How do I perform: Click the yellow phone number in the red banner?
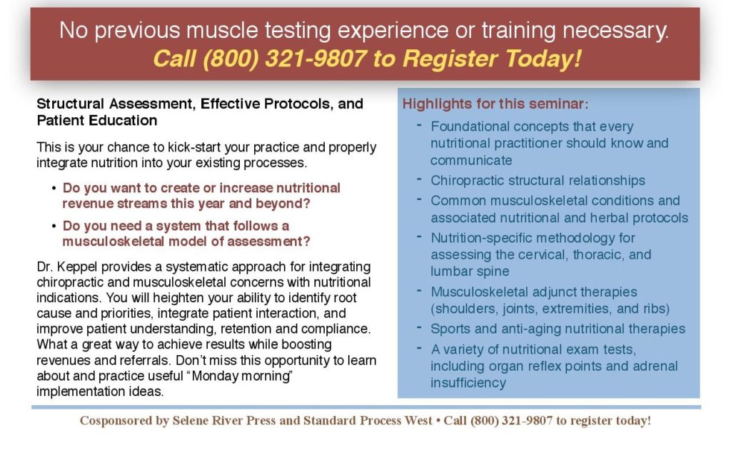pyautogui.click(x=284, y=59)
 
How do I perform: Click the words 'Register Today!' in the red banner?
pyautogui.click(x=492, y=59)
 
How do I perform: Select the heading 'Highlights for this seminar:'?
pyautogui.click(x=495, y=104)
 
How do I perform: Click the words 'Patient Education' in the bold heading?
pyautogui.click(x=97, y=120)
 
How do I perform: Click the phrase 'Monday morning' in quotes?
pyautogui.click(x=242, y=376)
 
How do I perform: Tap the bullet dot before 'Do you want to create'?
pyautogui.click(x=54, y=189)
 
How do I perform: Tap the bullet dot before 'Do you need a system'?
pyautogui.click(x=54, y=226)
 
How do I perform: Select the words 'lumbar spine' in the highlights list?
pyautogui.click(x=470, y=272)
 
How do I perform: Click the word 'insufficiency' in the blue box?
pyautogui.click(x=468, y=383)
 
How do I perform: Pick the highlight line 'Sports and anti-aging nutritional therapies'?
pyautogui.click(x=558, y=329)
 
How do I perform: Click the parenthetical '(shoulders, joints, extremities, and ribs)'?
pyautogui.click(x=550, y=309)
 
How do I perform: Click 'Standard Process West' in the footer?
pyautogui.click(x=368, y=421)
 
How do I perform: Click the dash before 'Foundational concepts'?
pyautogui.click(x=420, y=125)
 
